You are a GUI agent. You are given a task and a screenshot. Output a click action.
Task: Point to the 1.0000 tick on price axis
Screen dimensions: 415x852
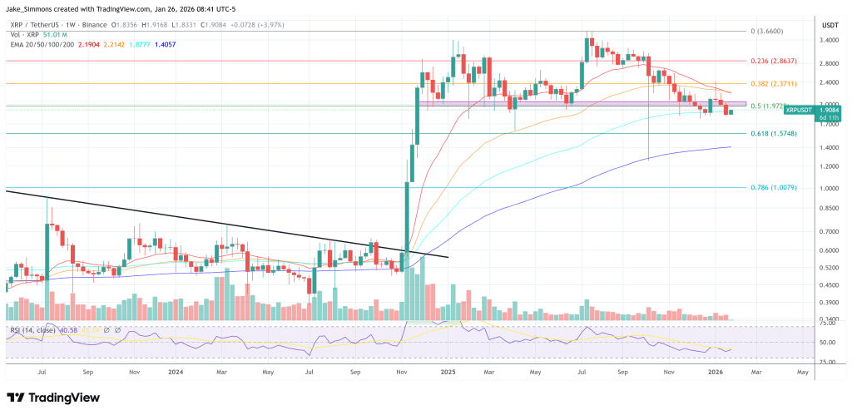point(829,188)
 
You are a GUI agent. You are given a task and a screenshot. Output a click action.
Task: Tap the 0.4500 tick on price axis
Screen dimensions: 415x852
point(829,285)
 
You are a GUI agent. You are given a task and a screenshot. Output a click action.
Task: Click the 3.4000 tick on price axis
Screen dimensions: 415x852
point(829,40)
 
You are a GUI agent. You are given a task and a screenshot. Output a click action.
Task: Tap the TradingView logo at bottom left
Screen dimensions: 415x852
point(50,397)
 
